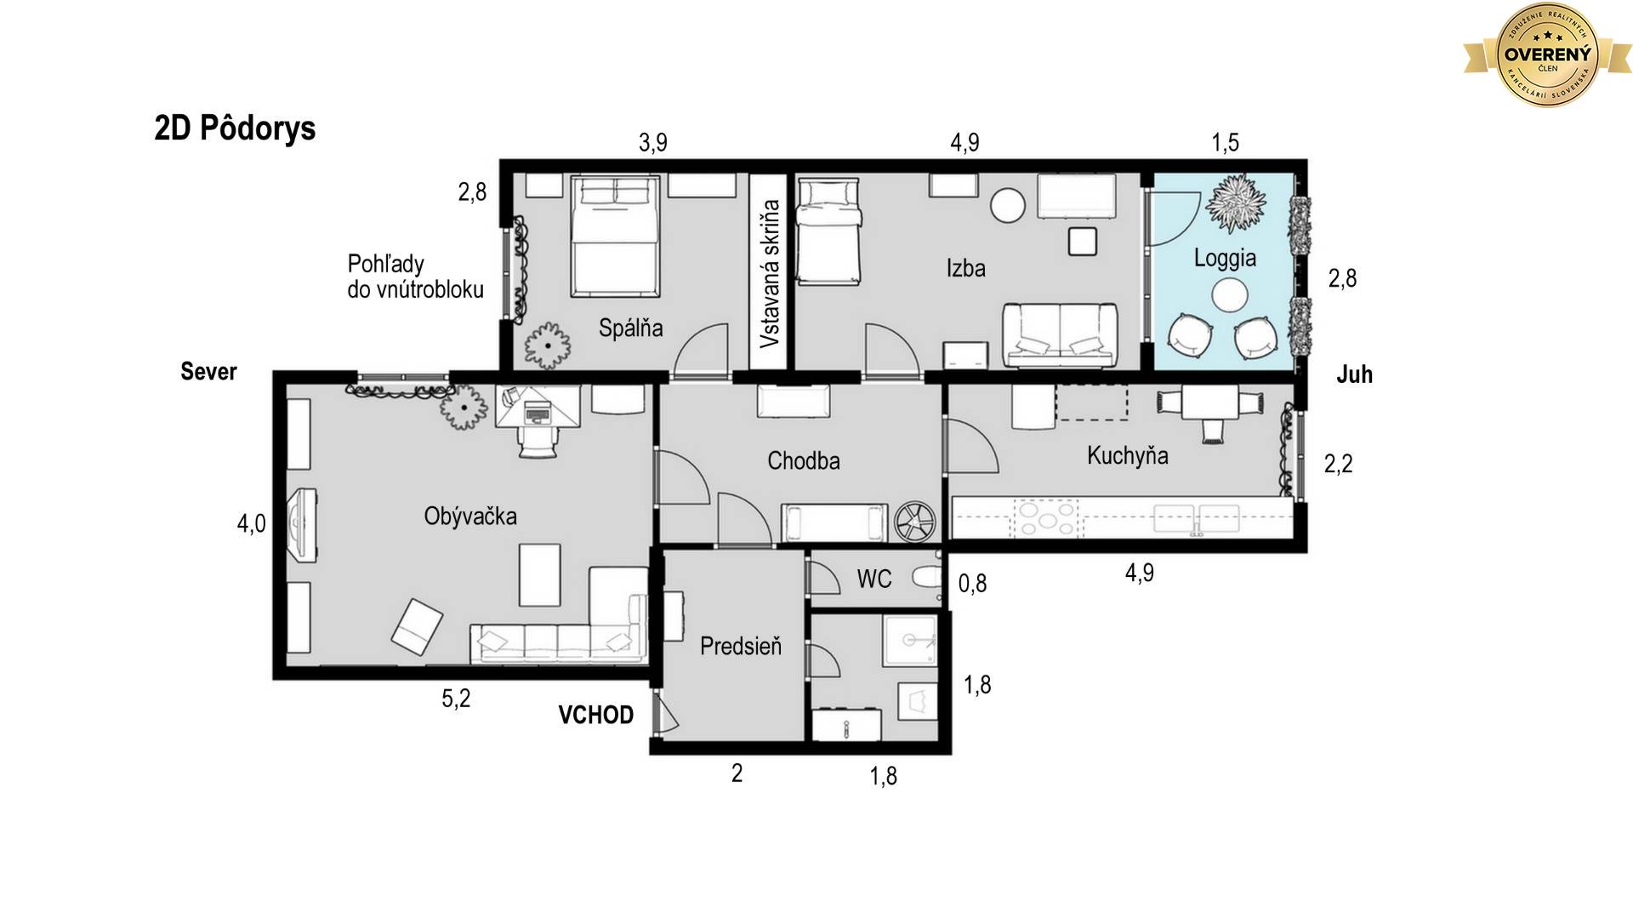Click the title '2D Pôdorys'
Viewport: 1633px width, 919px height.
235,128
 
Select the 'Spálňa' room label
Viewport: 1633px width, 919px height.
630,328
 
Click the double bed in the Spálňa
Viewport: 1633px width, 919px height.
615,237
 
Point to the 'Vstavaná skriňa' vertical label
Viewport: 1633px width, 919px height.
770,273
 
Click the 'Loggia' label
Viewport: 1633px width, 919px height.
1225,258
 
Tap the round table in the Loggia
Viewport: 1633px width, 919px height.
1229,296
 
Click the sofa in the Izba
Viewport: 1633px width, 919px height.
1060,335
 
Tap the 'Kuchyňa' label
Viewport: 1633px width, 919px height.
1127,455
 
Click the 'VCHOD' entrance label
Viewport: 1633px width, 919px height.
595,715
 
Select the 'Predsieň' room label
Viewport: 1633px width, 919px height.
740,646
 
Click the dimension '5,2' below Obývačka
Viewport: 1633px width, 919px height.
456,699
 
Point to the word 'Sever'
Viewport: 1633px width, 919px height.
208,371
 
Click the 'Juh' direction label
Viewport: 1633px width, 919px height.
1354,374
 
